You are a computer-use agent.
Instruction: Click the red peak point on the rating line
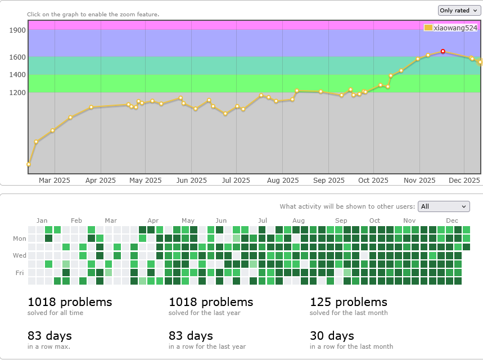443,51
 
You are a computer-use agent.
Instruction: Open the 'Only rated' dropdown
458,10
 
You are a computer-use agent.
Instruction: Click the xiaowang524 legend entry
451,28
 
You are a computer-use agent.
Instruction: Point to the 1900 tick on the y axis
17,30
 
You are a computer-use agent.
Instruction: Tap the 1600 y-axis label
17,57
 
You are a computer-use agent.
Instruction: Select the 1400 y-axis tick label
17,75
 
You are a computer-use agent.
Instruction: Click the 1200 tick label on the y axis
17,92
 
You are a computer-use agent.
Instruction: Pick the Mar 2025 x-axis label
54,181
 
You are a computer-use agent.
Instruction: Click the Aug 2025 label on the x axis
282,181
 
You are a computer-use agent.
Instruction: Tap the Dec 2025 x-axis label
464,181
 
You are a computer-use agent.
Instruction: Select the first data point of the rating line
29,164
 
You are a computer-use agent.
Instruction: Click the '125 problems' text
349,302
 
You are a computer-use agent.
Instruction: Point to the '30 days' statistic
332,336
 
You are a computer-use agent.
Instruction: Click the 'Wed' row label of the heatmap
20,255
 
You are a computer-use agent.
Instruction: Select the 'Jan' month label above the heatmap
42,220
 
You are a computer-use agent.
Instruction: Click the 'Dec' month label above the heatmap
452,220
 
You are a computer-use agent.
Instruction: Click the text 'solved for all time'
55,313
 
